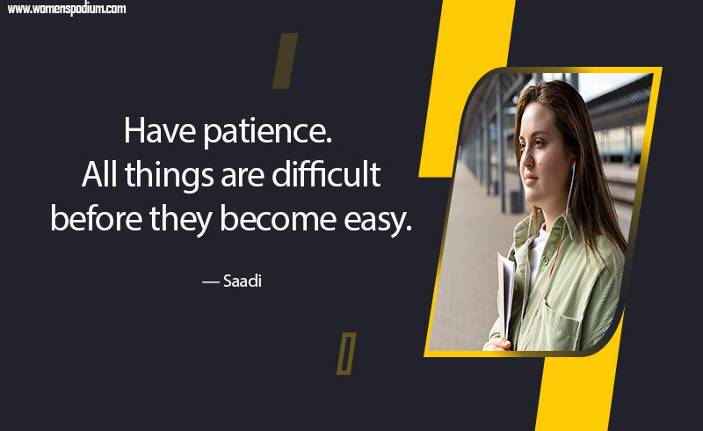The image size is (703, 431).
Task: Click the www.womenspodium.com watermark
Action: point(67,9)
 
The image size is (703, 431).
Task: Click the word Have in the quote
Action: point(160,131)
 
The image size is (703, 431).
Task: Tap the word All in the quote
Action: point(99,174)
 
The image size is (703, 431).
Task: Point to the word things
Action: point(169,176)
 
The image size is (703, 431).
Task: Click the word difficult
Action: point(326,174)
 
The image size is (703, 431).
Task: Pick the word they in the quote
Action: point(180,220)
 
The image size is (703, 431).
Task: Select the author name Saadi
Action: point(243,281)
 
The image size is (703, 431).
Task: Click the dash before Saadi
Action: point(210,282)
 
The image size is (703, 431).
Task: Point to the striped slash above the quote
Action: point(285,61)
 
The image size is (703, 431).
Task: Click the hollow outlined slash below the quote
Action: point(346,354)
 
